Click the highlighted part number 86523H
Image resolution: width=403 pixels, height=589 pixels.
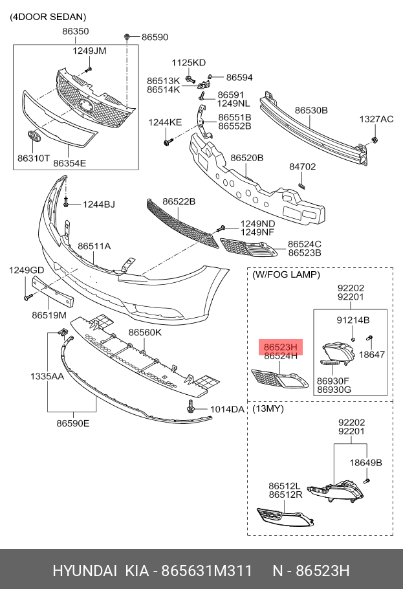click(x=281, y=346)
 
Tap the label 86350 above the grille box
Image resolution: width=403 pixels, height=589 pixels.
click(x=76, y=31)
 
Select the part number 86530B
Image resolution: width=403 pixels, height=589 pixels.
click(x=311, y=110)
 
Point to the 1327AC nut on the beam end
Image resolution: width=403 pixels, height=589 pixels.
click(x=374, y=140)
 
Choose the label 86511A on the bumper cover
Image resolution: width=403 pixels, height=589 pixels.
click(x=94, y=246)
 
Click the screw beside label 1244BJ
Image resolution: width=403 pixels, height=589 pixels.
click(x=66, y=203)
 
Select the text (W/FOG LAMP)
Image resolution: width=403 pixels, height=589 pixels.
click(x=286, y=274)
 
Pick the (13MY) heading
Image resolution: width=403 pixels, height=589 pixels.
click(x=268, y=408)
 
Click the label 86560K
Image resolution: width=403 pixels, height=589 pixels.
click(x=145, y=332)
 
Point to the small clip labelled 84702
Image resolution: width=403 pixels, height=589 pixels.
click(x=301, y=185)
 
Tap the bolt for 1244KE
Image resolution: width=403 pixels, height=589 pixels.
click(x=168, y=142)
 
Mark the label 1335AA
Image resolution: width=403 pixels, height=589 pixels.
click(x=47, y=376)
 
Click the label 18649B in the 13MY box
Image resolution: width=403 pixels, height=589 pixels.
click(x=366, y=462)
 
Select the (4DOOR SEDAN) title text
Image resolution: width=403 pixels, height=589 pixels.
click(x=48, y=17)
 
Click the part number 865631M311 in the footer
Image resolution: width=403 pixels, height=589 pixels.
click(x=206, y=571)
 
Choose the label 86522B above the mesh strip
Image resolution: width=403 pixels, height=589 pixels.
click(x=179, y=201)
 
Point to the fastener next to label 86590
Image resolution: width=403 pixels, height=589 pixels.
click(x=127, y=37)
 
